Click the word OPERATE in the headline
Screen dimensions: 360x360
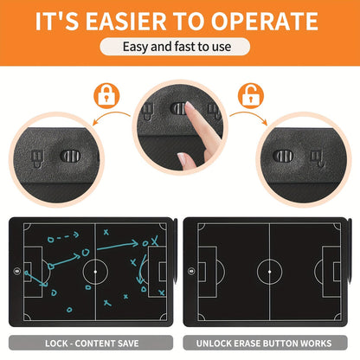[265, 21]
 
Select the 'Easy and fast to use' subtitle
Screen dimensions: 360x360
[177, 47]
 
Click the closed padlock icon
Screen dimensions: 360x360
[106, 96]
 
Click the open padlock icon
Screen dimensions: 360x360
[251, 96]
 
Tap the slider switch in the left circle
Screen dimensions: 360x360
[70, 156]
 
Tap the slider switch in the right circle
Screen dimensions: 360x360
[283, 156]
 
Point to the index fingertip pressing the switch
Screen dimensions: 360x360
[190, 106]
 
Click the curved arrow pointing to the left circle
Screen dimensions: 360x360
[111, 116]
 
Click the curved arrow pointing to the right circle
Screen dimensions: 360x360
[248, 116]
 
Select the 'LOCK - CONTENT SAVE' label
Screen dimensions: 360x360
[92, 344]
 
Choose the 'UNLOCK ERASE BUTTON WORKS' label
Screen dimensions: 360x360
[264, 344]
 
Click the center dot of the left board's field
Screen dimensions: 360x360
[95, 272]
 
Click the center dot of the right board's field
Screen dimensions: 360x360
[269, 272]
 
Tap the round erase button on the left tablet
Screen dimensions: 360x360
[17, 271]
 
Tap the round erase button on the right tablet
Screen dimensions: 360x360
[191, 271]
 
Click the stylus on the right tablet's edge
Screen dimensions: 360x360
[350, 251]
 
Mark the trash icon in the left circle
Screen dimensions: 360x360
[37, 158]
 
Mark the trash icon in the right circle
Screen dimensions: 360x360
[318, 158]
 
